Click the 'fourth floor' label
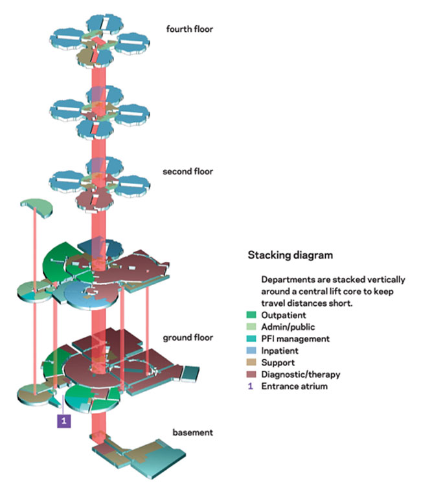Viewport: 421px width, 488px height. click(190, 29)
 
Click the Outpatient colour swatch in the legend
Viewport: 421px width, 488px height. click(252, 315)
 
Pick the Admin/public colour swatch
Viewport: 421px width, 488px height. click(252, 327)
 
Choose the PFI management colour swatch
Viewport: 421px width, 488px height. click(252, 339)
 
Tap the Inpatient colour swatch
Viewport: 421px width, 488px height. click(252, 351)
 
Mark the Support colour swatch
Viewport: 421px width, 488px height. click(252, 362)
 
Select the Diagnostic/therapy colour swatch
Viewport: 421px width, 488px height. click(252, 375)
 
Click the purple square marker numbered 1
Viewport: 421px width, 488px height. click(64, 420)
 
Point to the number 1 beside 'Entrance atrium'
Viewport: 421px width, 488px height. click(252, 386)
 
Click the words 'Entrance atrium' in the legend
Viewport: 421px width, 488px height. click(295, 386)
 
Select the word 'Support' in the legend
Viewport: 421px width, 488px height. click(280, 362)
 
